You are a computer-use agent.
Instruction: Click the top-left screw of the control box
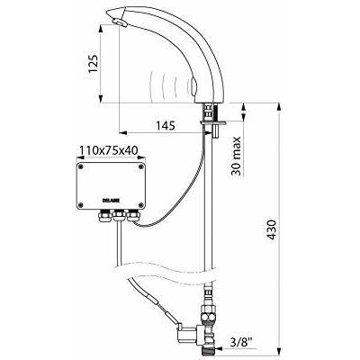pyautogui.click(x=81, y=167)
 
